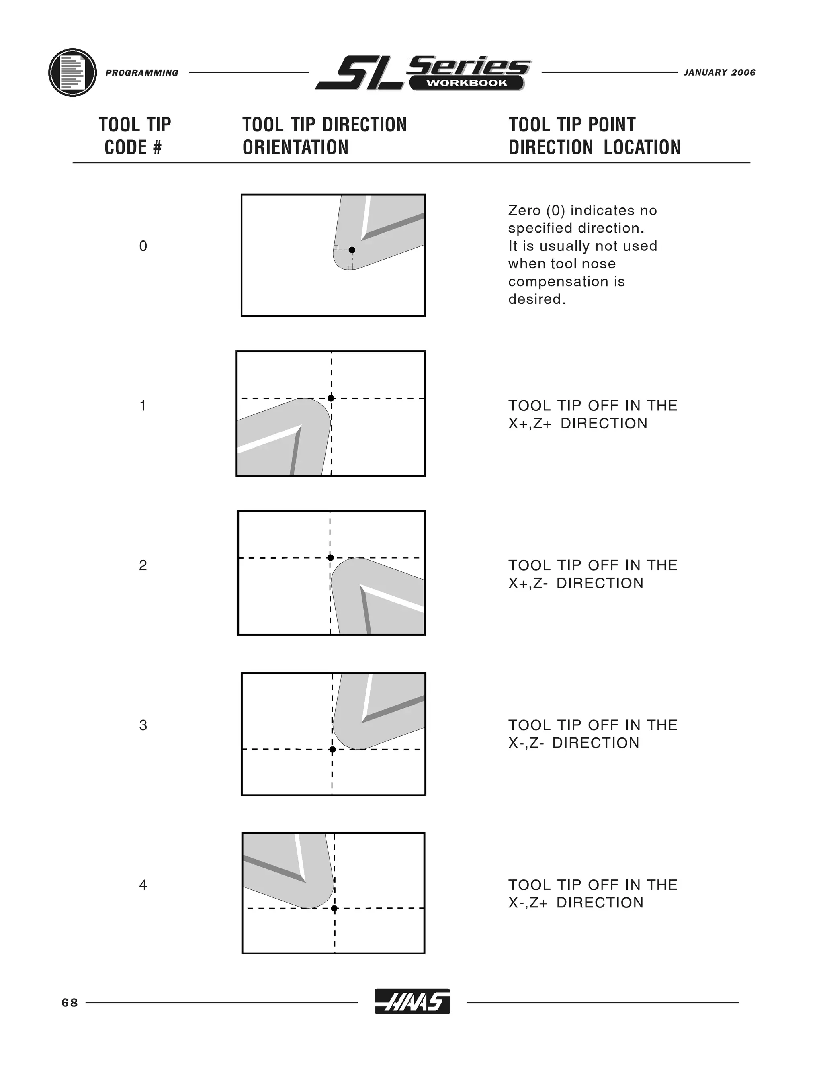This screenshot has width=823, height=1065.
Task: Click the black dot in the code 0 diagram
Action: (352, 250)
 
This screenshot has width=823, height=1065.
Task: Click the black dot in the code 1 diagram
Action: (331, 398)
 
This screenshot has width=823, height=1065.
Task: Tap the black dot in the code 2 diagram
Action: (330, 557)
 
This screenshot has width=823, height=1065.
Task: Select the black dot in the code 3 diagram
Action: (332, 749)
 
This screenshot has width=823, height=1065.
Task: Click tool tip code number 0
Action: (143, 246)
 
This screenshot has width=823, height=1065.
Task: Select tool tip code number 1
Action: (143, 406)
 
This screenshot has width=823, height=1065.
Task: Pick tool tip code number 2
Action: (143, 565)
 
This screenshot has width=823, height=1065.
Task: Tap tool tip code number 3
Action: (143, 725)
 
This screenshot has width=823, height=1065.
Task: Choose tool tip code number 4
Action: (143, 885)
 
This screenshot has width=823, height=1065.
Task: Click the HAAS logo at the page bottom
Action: (412, 1002)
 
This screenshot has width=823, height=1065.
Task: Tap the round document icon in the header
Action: (73, 73)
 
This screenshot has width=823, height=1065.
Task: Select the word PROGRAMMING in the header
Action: (142, 73)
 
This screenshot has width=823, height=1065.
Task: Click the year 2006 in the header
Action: (743, 73)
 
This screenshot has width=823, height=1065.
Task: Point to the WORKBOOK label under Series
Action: (467, 83)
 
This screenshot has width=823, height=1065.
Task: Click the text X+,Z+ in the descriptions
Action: (530, 423)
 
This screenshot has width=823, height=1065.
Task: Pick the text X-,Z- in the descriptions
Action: (526, 743)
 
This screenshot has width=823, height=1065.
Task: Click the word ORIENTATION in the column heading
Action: (295, 147)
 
